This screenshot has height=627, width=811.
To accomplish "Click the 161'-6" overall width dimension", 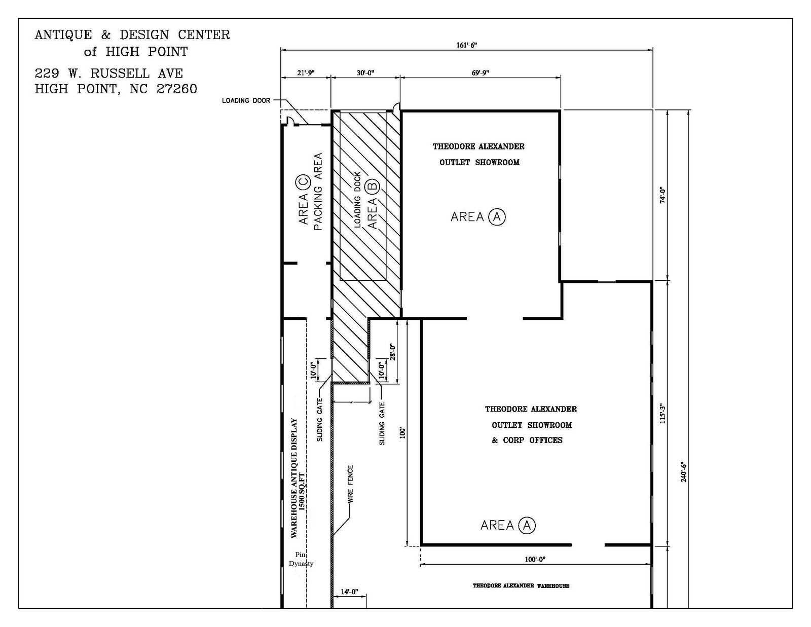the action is click(466, 45).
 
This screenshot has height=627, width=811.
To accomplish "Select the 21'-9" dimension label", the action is click(306, 73).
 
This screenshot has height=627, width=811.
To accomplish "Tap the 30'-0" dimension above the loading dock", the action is click(365, 73).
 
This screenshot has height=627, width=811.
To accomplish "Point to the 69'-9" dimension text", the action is click(481, 73).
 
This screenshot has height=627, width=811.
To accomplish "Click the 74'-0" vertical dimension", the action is click(662, 195).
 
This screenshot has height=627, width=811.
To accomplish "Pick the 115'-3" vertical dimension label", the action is click(662, 413).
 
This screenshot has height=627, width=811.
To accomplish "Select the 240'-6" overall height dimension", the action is click(683, 472).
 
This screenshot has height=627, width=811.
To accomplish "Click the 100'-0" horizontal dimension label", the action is click(535, 559).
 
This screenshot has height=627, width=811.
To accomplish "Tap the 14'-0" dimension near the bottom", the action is click(349, 592).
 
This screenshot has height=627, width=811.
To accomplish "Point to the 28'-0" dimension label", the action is click(392, 352).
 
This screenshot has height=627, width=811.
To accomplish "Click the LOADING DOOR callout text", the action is click(246, 100).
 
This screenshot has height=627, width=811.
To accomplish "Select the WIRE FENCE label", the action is click(350, 484).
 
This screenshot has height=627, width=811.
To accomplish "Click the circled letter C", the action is click(303, 182).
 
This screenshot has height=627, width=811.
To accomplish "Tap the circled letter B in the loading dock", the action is click(373, 186).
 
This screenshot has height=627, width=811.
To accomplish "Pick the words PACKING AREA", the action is click(318, 192).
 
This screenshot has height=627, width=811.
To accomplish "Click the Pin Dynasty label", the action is click(301, 559).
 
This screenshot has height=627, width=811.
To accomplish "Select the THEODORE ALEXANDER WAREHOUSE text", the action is click(521, 585).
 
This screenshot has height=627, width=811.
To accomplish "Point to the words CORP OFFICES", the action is click(533, 440).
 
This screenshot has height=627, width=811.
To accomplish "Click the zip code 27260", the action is click(176, 89).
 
